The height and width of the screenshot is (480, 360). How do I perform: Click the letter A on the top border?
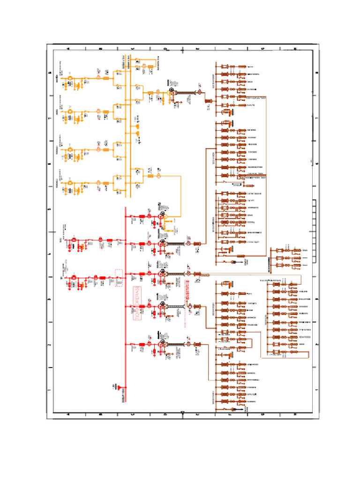[68, 49]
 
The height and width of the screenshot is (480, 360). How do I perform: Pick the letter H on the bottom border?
[294, 414]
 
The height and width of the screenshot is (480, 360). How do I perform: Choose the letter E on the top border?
[197, 49]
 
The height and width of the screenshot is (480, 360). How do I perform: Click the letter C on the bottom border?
[133, 414]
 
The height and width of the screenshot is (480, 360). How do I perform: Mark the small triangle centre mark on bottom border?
[182, 412]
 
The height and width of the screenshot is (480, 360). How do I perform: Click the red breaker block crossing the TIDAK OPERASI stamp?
[142, 307]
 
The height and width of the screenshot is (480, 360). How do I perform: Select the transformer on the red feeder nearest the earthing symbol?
[162, 345]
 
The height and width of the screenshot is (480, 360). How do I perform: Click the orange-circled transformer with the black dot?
[171, 92]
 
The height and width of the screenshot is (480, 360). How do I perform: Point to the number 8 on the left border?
[50, 73]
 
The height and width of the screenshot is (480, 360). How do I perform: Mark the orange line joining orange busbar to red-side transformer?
[181, 197]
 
